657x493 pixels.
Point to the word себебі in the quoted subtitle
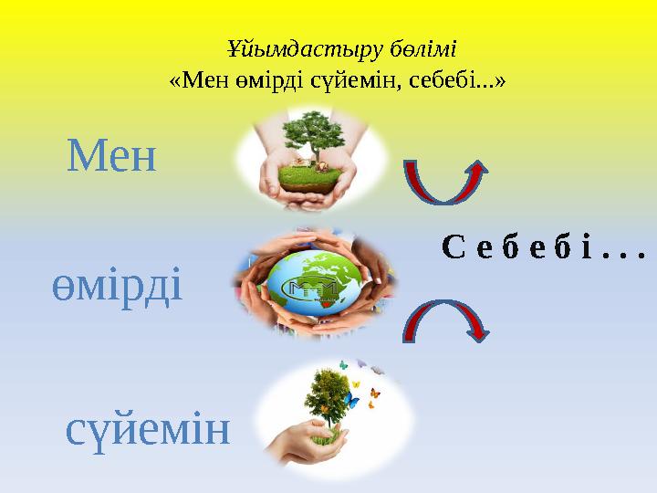coord(465,80)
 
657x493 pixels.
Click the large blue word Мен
coord(111,157)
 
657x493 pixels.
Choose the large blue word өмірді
coord(117,286)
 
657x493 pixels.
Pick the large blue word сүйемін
coord(148,429)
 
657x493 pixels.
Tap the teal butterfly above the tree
coord(344,365)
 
